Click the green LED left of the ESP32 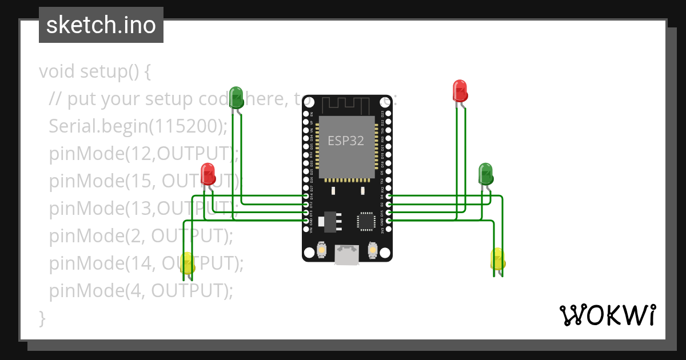236,97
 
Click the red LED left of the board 208,174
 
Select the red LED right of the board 460,90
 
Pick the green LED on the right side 485,173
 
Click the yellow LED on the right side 497,258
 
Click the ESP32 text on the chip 346,141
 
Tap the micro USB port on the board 347,255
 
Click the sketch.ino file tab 101,25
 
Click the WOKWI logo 607,315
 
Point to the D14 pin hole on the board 306,196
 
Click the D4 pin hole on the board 389,196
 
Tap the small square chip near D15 365,221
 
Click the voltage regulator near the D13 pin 329,219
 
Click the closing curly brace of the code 42,318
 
